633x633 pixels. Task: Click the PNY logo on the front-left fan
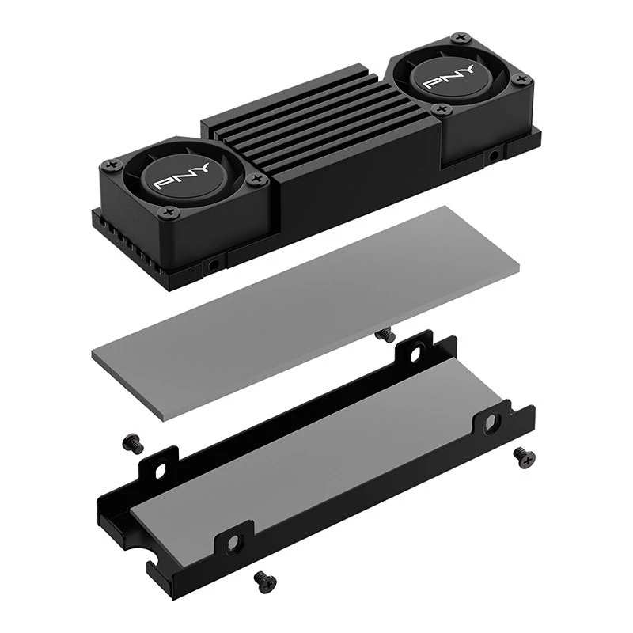pyautogui.click(x=182, y=176)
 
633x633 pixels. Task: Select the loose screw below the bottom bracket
pyautogui.click(x=265, y=583)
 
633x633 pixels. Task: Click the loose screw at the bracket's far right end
pyautogui.click(x=525, y=458)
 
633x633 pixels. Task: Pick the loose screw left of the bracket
pyautogui.click(x=133, y=443)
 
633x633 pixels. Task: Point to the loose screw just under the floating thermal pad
pyautogui.click(x=385, y=335)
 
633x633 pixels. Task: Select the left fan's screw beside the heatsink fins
pyautogui.click(x=254, y=179)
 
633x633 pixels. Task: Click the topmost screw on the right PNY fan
pyautogui.click(x=461, y=38)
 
